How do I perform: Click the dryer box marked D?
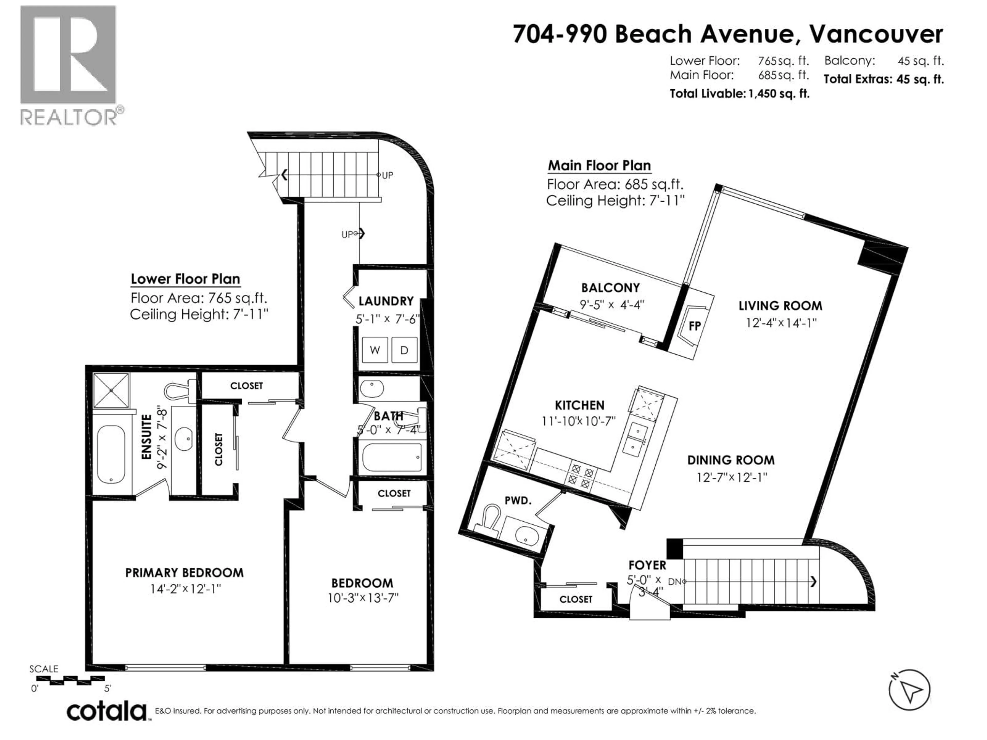[404, 350]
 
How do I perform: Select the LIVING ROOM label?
[780, 306]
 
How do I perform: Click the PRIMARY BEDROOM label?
[184, 573]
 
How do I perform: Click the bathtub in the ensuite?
[111, 454]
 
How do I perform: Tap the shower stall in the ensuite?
[111, 390]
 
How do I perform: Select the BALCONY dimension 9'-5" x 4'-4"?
[612, 305]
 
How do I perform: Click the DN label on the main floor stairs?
[675, 582]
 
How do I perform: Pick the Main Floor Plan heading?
[599, 165]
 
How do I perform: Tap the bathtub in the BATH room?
[391, 457]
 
